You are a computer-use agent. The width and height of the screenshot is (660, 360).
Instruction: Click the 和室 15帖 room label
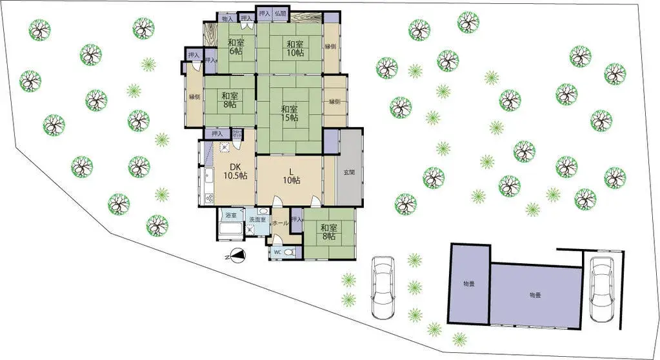(x=289, y=114)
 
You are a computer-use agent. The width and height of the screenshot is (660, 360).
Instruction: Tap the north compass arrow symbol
(x=237, y=255)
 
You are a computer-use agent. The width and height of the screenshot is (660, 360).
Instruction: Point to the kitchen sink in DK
(x=208, y=176)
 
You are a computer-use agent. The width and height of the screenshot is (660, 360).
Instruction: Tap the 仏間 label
(x=280, y=12)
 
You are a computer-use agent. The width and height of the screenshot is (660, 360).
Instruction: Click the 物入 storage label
(x=227, y=19)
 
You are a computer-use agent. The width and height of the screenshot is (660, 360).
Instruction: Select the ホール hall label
(x=280, y=223)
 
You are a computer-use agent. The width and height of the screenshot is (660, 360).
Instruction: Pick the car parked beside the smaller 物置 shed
(x=383, y=288)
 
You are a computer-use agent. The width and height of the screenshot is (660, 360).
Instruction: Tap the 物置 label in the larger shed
(x=535, y=295)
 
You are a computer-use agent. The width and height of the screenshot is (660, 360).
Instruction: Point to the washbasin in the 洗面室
(x=263, y=212)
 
